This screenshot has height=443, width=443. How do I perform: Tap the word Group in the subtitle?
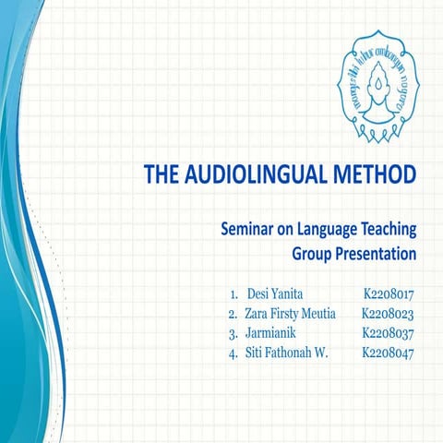tap(314, 252)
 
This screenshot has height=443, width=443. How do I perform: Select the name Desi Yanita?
tap(275, 294)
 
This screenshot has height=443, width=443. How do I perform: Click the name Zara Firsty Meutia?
tap(289, 314)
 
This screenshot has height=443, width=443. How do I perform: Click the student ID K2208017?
tap(388, 294)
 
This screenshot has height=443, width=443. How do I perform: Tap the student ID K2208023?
tap(388, 314)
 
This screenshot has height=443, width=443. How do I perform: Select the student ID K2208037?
tap(388, 333)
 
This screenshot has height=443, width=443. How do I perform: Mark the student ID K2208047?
tap(388, 353)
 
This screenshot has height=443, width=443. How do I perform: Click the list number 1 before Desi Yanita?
tap(233, 294)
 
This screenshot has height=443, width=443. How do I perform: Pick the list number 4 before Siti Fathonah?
tap(233, 353)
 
